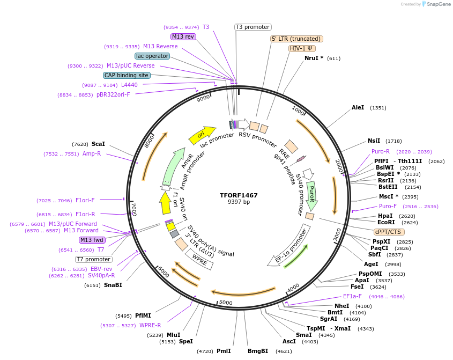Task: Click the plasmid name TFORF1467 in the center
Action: [239, 195]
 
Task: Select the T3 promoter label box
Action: [253, 27]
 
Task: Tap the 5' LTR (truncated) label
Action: [296, 39]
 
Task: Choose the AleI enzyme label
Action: [358, 107]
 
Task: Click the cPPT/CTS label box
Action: [388, 232]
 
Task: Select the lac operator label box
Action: [152, 56]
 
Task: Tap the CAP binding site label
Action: [127, 75]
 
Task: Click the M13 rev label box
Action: [183, 36]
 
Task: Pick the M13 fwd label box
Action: [92, 240]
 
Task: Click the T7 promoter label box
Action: [93, 259]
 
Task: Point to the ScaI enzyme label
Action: [98, 144]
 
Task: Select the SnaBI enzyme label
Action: [113, 285]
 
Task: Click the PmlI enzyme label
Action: [224, 351]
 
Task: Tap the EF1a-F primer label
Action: [352, 296]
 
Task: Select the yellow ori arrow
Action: [202, 135]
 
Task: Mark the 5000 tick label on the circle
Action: [226, 303]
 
